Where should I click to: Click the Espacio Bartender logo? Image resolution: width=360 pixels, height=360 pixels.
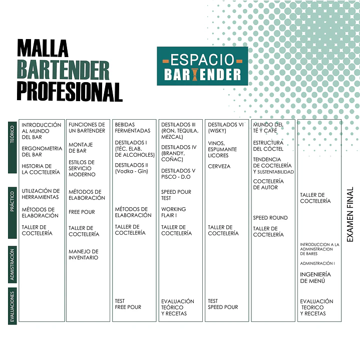coord(202,66)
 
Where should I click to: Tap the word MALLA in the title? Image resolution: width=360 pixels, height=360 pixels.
coord(43,48)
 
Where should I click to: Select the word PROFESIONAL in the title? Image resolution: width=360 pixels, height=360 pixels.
coord(70,92)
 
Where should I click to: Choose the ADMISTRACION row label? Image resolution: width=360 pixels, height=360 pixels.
coord(13,264)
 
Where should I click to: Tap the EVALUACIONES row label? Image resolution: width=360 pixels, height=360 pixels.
coord(13,306)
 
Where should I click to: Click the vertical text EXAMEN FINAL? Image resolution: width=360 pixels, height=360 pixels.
coord(349,214)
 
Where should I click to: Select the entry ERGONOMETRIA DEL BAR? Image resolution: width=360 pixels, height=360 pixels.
coord(42,152)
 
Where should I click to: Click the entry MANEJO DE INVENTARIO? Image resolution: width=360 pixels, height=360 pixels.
coord(84,255)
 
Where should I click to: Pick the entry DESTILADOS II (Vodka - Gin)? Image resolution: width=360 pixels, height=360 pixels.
coord(132,168)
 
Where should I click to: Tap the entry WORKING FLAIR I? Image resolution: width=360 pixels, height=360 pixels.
coord(173,212)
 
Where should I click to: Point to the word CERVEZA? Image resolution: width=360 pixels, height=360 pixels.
coord(219,166)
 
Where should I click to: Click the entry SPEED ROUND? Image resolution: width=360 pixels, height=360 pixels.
coord(270,218)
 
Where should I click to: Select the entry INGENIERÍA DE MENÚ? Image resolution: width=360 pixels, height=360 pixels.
coord(315,277)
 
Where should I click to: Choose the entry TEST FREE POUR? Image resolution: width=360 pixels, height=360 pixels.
coord(128,304)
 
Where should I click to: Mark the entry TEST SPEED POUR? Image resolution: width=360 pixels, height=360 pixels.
coord(223,304)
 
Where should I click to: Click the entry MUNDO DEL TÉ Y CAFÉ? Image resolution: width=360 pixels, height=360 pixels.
coord(268,128)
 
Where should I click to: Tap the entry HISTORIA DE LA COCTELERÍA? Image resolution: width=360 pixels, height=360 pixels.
coord(41,169)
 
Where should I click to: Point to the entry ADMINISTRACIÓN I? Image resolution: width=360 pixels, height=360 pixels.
coord(317,263)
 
